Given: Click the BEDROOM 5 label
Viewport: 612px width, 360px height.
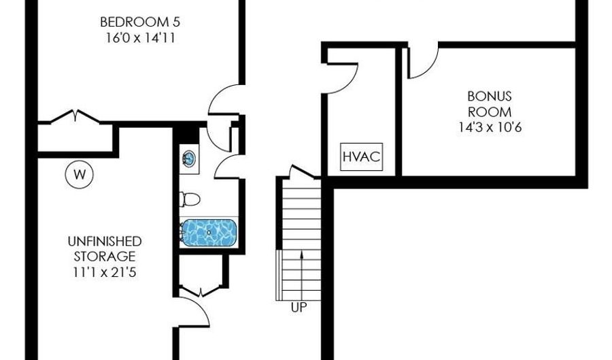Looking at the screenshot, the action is point(139,22).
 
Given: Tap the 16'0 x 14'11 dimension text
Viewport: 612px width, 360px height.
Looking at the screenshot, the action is point(139,38).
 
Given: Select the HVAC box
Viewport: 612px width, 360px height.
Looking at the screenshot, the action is point(362,157).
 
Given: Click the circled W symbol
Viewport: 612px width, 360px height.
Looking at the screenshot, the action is point(80,174).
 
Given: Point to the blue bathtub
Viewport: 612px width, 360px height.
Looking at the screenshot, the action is point(209,232).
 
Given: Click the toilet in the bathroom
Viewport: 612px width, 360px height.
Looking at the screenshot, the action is point(190,199).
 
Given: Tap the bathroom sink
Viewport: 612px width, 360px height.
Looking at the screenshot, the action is point(189,159).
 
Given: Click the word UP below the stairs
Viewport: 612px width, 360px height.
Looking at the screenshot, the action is point(299,308).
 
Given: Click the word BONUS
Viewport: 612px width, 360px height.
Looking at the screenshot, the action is point(490,96).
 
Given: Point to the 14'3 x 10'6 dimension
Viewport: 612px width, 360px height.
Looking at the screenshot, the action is point(490,128).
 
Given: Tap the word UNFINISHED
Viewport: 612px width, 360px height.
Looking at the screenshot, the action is point(105,241).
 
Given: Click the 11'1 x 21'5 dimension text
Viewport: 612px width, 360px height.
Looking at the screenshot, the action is point(105,272).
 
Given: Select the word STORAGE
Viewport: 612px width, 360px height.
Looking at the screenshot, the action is point(105,257).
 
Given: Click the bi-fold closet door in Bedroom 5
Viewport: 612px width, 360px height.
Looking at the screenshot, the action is point(75,116).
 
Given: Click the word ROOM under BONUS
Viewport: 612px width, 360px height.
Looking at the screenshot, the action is point(490,112).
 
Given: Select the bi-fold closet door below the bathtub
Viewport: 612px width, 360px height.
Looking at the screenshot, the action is point(201,291).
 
